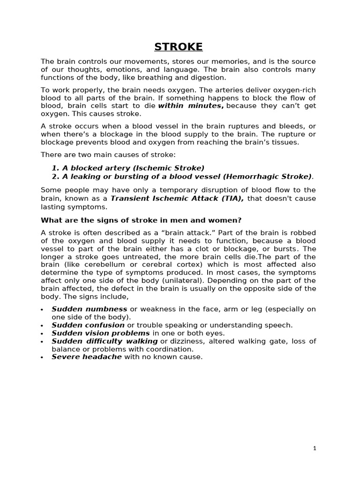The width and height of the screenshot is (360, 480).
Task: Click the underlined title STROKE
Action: coord(179,47)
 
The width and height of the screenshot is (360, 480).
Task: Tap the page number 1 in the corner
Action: coord(315,448)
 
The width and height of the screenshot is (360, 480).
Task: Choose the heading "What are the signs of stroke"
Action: coord(141,220)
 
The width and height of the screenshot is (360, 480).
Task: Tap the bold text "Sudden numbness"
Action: coord(89,309)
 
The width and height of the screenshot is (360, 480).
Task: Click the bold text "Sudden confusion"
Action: coord(88,325)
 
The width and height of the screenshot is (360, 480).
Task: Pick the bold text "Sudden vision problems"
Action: coord(101,333)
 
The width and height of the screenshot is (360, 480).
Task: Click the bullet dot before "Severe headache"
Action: coord(42,357)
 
